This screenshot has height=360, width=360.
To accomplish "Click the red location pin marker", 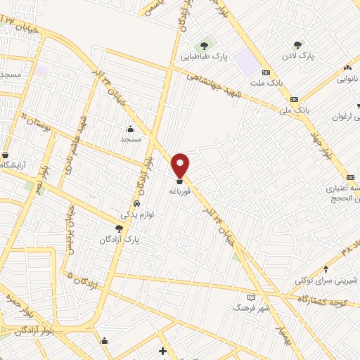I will coord(181,165).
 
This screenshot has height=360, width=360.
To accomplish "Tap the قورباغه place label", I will coord(180,191).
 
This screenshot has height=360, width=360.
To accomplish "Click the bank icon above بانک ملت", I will coord(266,72).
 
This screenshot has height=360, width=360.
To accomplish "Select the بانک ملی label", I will coord(295,110).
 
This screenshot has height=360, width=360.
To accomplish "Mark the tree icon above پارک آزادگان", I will coord(120,229).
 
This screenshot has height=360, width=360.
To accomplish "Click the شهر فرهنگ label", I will coord(252,308).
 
